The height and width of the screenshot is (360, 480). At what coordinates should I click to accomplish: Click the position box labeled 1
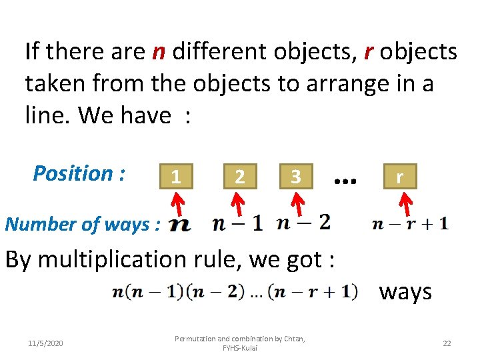coord(175,177)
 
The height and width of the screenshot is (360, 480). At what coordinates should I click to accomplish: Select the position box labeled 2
coord(239,177)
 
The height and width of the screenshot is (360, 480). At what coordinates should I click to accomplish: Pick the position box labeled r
coord(399,177)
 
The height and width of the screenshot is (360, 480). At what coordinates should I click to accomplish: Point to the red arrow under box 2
coord(237,202)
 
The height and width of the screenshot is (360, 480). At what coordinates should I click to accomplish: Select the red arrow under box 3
coord(295,202)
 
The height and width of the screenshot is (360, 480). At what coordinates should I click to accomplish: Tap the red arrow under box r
coord(402,202)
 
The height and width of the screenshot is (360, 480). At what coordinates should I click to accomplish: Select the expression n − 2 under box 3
coord(303,223)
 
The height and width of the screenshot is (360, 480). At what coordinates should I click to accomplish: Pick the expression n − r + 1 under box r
coord(410,224)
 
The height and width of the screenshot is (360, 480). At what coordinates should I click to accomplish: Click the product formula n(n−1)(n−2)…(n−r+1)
coord(234,291)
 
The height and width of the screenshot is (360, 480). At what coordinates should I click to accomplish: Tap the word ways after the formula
coord(405,291)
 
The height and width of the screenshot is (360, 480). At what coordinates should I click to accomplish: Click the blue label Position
coord(79,173)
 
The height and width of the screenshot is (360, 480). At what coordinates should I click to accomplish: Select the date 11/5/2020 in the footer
coord(45,343)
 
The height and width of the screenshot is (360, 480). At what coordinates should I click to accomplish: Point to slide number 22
coord(447,343)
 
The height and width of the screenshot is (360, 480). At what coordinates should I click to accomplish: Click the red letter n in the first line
coord(159,51)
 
